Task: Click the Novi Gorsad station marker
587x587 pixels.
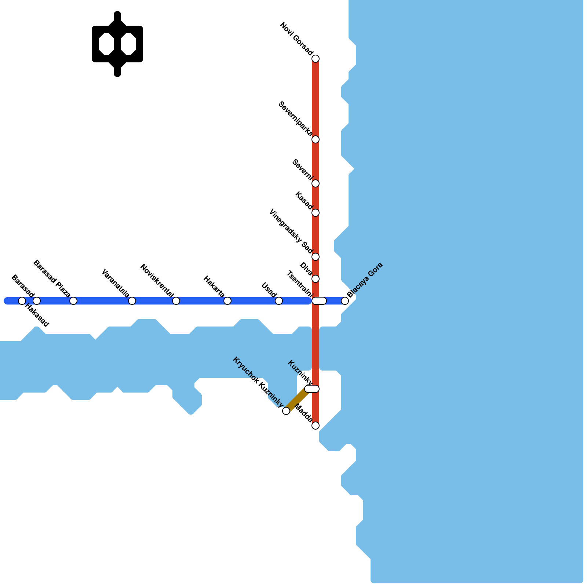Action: (x=316, y=59)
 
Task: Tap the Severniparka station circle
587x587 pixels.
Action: (x=316, y=139)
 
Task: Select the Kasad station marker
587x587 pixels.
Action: (x=316, y=213)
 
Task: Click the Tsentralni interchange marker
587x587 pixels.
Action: (x=319, y=301)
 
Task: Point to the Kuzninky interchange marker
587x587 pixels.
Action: (x=312, y=389)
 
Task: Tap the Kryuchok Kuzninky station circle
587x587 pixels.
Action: (x=286, y=411)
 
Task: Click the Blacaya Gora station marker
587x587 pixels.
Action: (x=345, y=301)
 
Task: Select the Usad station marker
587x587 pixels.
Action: (x=279, y=301)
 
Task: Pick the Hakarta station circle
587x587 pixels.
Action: (x=227, y=301)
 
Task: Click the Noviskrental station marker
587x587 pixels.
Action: (x=176, y=301)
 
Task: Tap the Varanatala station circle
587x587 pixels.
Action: (x=132, y=301)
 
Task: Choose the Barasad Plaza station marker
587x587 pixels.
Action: (x=73, y=301)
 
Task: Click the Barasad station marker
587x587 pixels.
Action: (x=22, y=301)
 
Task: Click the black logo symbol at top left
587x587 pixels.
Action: (x=117, y=44)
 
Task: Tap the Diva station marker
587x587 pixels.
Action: (x=316, y=279)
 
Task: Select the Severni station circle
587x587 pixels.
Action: (x=316, y=183)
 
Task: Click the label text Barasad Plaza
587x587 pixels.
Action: (x=52, y=279)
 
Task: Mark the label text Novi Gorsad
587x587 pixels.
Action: (x=296, y=39)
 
